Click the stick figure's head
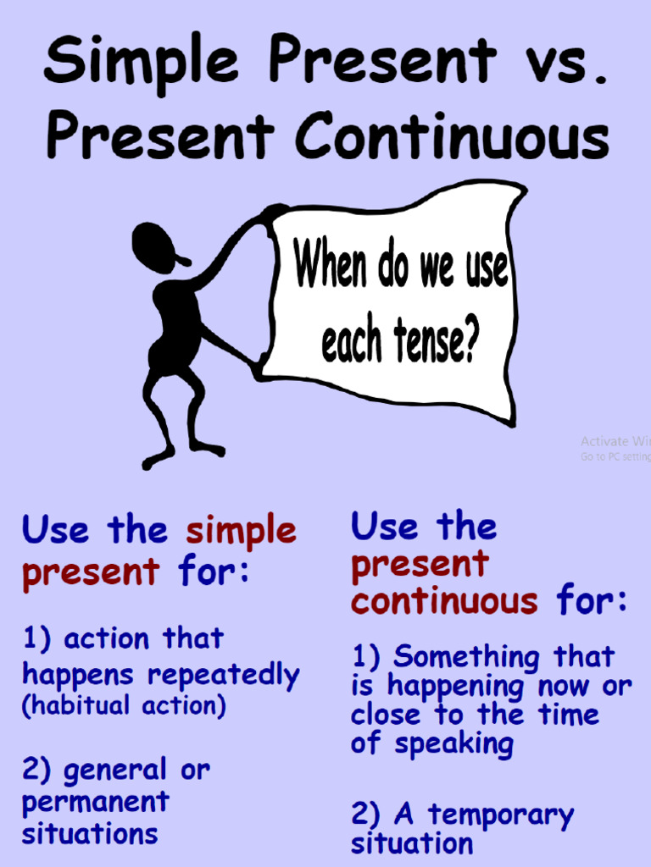click(x=155, y=246)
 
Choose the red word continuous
click(x=444, y=602)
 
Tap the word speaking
click(x=453, y=745)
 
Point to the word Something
click(x=467, y=657)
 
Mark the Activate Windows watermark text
click(x=615, y=441)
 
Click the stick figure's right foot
click(x=208, y=449)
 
